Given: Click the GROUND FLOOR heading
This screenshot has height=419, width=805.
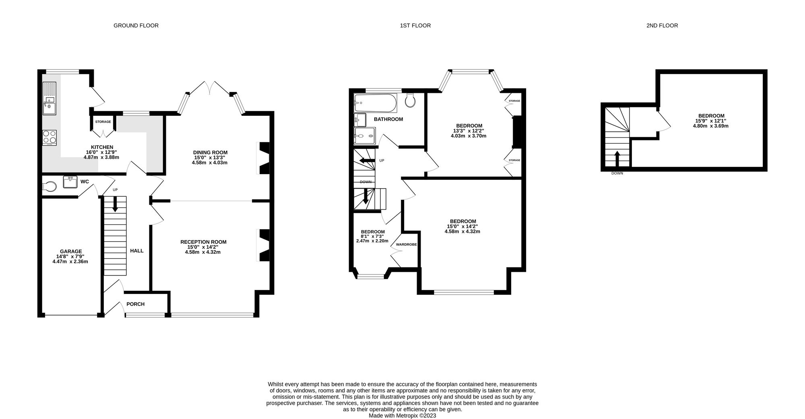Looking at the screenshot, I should click(x=136, y=25).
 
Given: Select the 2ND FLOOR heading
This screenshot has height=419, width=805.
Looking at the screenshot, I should click(x=662, y=25).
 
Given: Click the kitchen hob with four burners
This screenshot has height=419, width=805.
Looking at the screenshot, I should click(x=50, y=138).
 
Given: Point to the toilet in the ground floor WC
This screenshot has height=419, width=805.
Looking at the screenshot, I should click(x=49, y=187).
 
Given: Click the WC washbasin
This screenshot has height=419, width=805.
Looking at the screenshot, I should click(x=70, y=182).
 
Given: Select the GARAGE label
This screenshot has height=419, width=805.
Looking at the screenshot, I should click(x=71, y=251).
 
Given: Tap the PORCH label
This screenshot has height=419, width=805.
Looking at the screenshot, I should click(x=135, y=304).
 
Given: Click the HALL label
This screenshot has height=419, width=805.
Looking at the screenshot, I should click(x=137, y=251).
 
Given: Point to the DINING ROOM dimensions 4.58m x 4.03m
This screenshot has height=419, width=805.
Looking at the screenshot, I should click(x=210, y=162).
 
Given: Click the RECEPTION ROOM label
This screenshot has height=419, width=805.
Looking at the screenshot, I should click(x=203, y=242).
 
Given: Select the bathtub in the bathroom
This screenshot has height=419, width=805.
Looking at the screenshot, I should click(x=376, y=103).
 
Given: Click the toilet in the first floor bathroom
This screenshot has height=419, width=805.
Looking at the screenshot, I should click(x=411, y=100).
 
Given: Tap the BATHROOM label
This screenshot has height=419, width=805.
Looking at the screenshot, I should click(x=388, y=119).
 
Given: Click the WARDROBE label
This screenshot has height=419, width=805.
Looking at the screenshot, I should click(x=406, y=244).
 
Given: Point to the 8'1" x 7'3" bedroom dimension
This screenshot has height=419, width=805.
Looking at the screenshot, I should click(x=372, y=236).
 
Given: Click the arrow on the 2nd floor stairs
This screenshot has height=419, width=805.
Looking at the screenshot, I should click(x=617, y=158).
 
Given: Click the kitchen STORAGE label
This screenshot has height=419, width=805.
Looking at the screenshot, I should click(x=103, y=122).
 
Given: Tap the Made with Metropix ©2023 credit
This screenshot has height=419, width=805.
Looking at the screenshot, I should click(x=402, y=416).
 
